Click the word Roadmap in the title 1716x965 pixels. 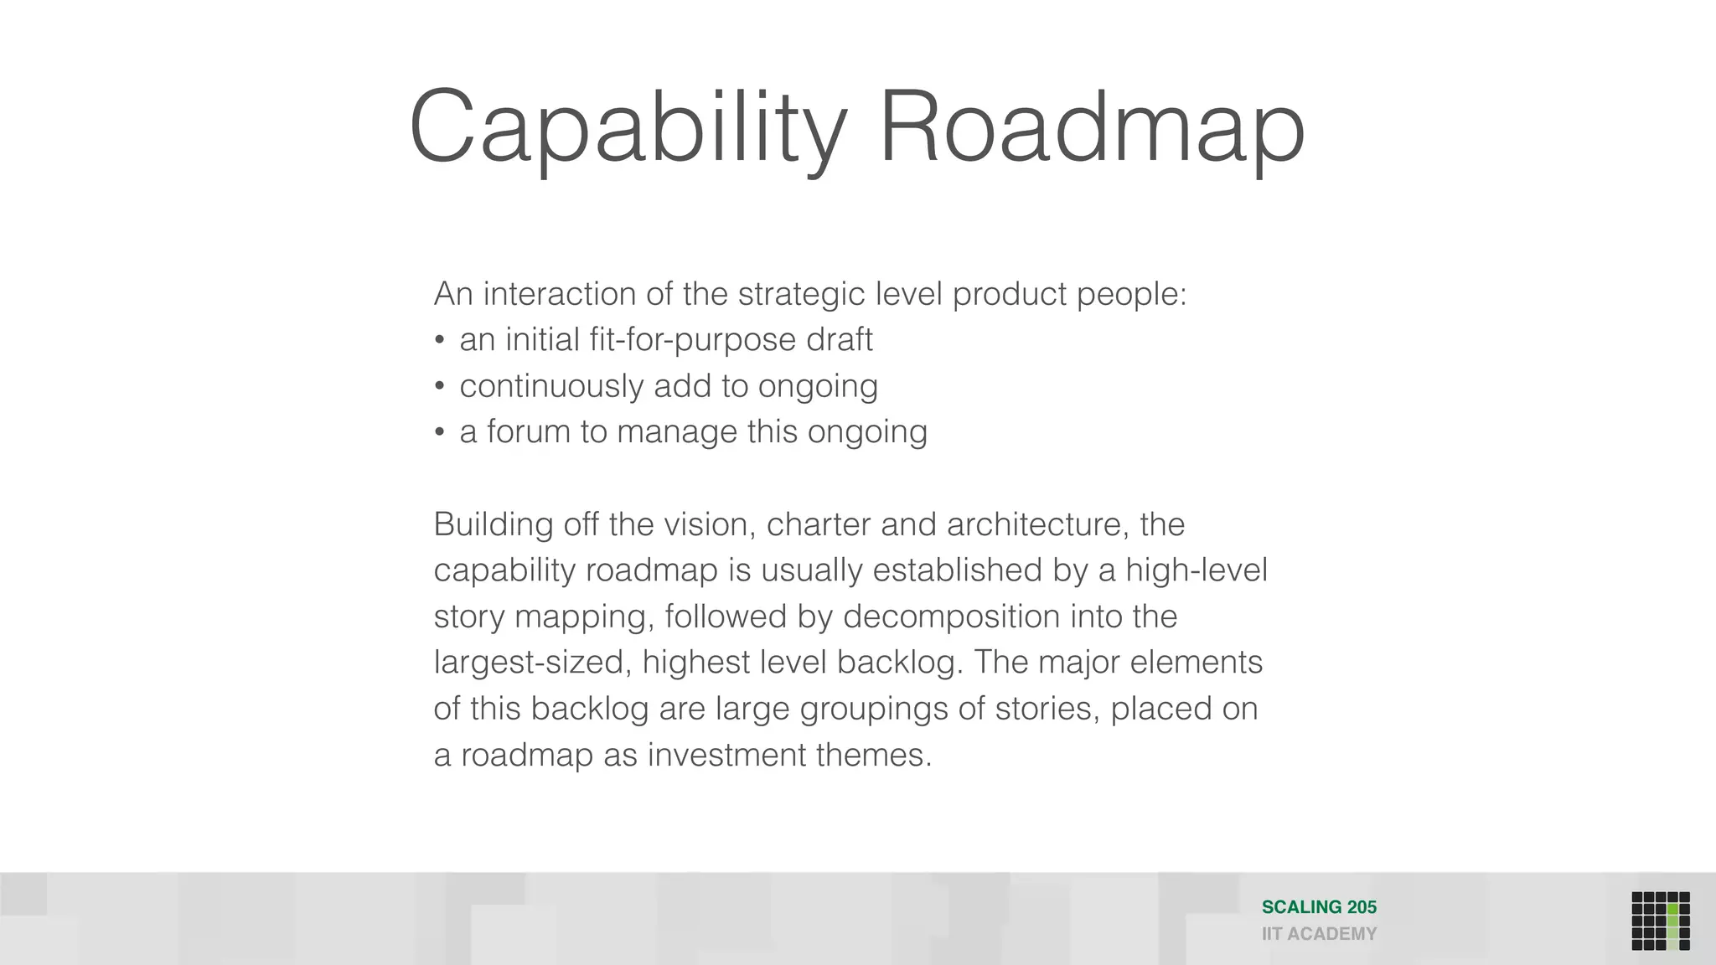(1092, 128)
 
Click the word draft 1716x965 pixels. (839, 340)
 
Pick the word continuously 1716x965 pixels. (550, 386)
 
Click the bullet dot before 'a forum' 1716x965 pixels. (440, 432)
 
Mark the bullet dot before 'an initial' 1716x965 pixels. (440, 340)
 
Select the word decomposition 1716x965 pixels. (952, 617)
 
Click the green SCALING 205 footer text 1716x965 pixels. (1319, 907)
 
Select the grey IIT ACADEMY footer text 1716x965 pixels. (1319, 934)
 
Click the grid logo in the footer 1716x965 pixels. (1660, 921)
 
